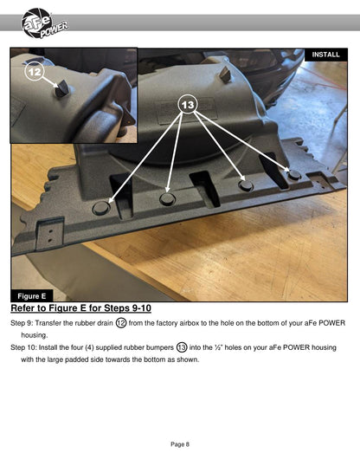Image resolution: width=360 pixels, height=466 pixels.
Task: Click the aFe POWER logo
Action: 44,23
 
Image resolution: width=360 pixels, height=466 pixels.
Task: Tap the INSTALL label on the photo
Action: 326,55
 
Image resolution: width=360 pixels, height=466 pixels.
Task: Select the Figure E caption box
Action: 32,296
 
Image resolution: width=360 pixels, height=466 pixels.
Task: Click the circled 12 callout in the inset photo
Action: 35,72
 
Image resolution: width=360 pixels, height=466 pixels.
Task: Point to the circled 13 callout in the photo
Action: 188,105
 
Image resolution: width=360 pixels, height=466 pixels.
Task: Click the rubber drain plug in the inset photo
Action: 62,88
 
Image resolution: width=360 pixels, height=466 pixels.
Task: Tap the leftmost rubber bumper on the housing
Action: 101,207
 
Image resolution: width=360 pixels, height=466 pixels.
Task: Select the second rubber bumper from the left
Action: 167,198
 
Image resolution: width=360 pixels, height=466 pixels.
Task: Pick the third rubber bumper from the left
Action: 246,185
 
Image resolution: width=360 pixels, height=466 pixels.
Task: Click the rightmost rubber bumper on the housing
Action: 294,174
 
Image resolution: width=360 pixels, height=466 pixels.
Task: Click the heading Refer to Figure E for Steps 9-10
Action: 80,308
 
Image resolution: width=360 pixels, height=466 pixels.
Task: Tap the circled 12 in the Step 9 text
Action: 121,323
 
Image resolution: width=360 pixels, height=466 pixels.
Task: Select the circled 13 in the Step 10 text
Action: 182,347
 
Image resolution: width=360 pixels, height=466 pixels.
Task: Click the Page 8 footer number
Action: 180,444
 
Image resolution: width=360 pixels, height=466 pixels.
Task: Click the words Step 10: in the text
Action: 23,347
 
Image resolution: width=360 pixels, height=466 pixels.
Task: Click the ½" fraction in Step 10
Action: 219,347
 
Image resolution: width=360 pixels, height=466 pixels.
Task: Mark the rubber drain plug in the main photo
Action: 226,74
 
